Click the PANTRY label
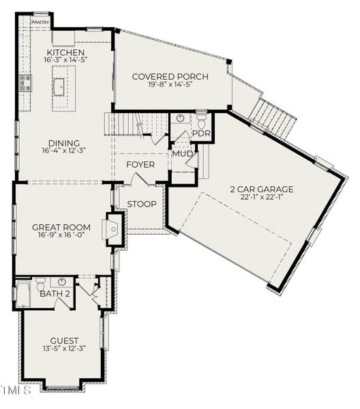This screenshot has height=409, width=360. pos(40,22)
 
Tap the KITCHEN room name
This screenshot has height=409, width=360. pos(65,53)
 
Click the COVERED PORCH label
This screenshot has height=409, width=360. pos(170,76)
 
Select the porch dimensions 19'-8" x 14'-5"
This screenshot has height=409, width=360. pos(170,86)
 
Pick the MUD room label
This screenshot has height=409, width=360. pos(182,153)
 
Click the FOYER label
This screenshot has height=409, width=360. pos(140,165)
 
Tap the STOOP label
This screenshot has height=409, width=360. pos(142,204)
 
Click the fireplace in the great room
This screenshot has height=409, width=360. pos(114,228)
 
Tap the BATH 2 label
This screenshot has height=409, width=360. pos(55,294)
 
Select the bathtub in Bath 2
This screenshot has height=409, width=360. pos(22,294)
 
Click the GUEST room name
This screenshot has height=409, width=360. pos(64,341)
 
